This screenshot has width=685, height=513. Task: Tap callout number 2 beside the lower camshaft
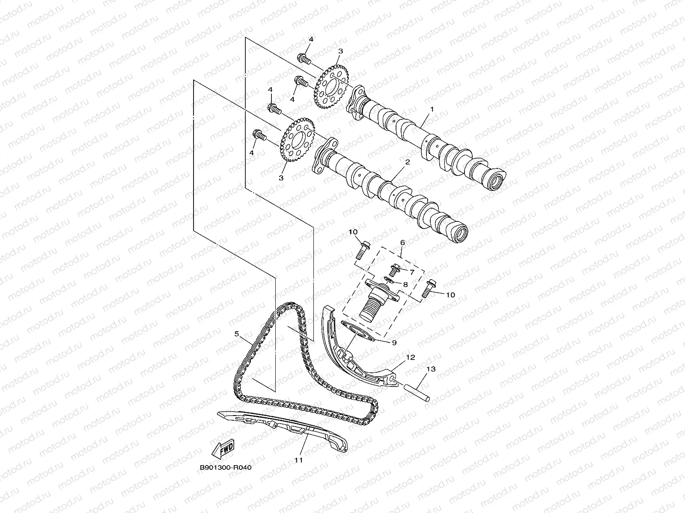point(407,162)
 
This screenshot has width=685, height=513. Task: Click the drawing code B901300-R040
point(225,468)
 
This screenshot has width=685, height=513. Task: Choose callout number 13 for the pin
point(431,369)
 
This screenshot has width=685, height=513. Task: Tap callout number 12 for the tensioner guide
point(411,357)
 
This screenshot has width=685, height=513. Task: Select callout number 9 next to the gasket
point(393,342)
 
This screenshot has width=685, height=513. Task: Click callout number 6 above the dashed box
point(402,242)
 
